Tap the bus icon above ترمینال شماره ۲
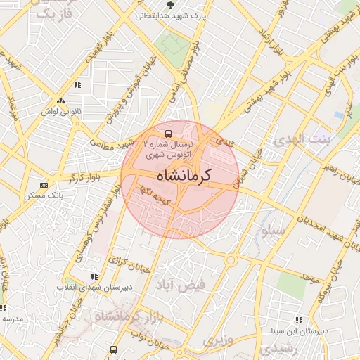(169, 133)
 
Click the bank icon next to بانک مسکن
(44, 185)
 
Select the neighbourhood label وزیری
(217, 340)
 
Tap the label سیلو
(274, 230)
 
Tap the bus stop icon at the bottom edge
(114, 349)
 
